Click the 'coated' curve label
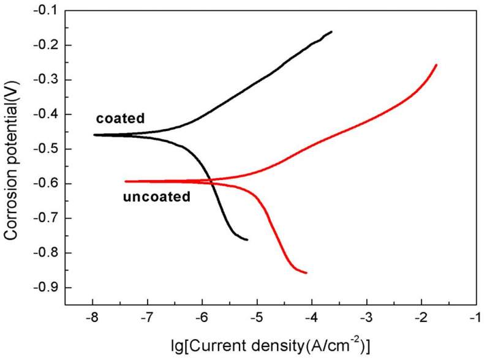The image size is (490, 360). [120, 119]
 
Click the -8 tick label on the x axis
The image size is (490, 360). [92, 318]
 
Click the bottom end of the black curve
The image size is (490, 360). [247, 239]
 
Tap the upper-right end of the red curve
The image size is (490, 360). [436, 64]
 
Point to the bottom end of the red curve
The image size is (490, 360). [306, 272]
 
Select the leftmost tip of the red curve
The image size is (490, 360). [126, 181]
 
